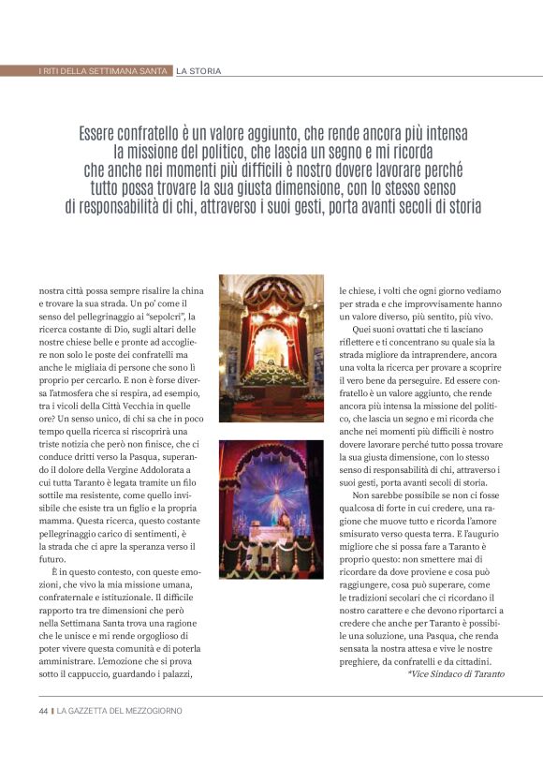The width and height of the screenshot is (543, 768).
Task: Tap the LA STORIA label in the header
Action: point(198,70)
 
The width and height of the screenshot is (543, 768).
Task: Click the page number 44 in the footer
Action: point(43,711)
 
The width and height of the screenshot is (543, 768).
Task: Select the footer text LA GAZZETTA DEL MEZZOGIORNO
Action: point(120,711)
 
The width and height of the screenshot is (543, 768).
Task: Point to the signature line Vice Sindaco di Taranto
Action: point(455,673)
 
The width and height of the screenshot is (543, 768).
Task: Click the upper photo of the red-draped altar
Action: point(271,347)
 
